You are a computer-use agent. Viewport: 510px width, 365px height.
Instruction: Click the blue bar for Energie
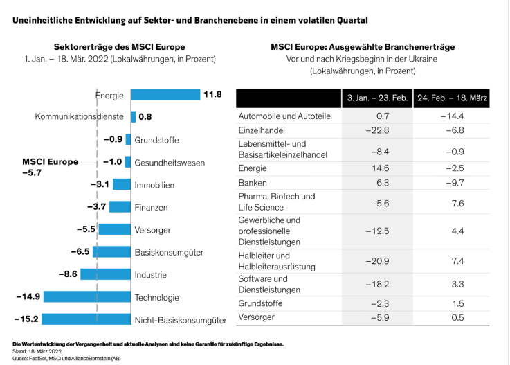(165, 94)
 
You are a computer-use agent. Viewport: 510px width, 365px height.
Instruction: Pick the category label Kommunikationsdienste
(80, 116)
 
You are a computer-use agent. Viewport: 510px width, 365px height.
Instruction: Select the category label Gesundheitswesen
(170, 162)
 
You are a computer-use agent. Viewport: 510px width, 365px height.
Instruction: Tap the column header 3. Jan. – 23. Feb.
(377, 98)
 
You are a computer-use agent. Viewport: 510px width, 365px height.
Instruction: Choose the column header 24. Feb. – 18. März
(452, 98)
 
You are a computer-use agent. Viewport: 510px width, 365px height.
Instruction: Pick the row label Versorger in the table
(257, 317)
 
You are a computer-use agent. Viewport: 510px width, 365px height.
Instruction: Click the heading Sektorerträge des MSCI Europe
(120, 46)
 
